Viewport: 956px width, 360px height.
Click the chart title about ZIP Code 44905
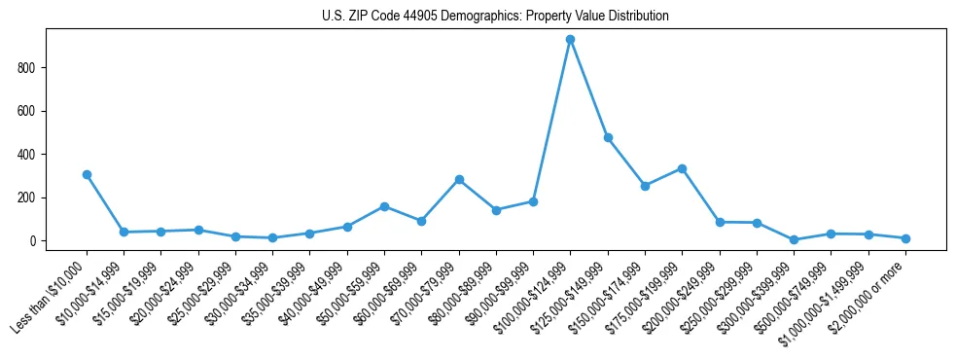[495, 17]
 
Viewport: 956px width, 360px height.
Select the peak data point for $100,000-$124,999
[570, 40]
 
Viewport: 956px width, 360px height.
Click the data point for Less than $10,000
[87, 174]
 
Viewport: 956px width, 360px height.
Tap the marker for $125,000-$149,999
[608, 138]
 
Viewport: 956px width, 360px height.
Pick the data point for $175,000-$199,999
[682, 168]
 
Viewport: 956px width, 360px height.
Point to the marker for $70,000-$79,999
[459, 179]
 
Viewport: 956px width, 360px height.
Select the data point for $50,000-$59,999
[384, 206]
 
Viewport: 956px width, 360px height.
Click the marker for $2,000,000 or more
[905, 238]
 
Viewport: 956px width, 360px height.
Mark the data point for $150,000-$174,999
[645, 186]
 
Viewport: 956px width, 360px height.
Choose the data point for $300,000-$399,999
[794, 239]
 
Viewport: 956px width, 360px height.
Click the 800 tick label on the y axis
[28, 68]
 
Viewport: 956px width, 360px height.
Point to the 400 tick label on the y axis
[28, 155]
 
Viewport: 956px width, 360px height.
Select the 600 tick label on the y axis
[28, 111]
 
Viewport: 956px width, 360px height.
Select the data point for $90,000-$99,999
[533, 201]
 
